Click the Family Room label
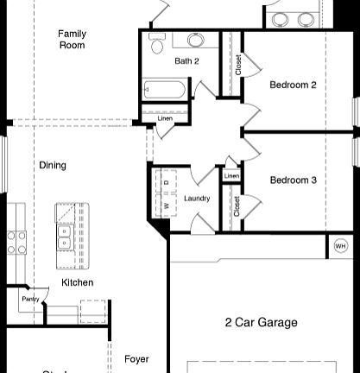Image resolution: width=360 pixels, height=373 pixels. coord(72,40)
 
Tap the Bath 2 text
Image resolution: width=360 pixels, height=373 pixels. coord(186,61)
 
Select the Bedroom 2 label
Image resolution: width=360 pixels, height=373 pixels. coord(293,85)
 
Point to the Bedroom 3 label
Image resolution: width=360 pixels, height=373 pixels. coord(293,180)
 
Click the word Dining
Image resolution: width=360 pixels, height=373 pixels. coord(53,165)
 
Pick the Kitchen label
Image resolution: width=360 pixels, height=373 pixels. coord(77,282)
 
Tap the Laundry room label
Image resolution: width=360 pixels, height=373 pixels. coord(197,199)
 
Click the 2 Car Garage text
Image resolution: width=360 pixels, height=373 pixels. coord(261,323)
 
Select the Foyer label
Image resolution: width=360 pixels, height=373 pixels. coord(136,359)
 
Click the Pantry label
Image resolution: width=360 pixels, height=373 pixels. coord(30,299)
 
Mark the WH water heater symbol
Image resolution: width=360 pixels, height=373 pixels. coord(340,246)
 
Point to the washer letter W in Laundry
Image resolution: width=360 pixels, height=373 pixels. coord(166,208)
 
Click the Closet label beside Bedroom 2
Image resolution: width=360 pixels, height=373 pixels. coord(238,65)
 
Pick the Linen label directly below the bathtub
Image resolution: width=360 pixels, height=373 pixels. coord(164,118)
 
